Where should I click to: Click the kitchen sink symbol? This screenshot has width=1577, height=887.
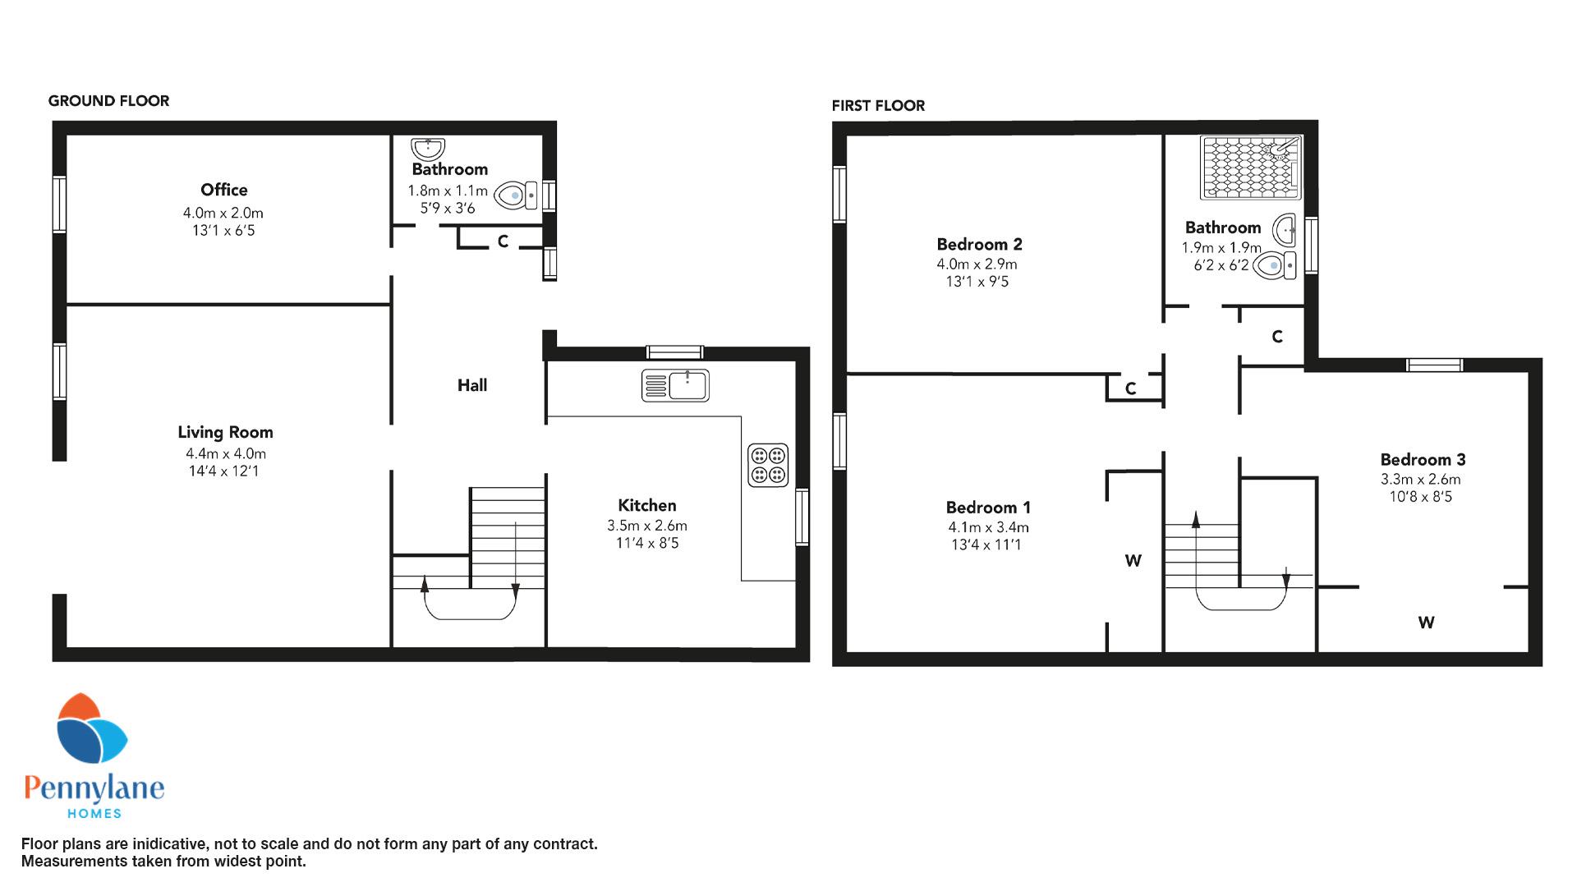(x=675, y=385)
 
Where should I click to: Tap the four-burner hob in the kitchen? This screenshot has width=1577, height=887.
(x=768, y=465)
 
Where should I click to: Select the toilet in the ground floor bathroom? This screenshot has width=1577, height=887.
(x=517, y=195)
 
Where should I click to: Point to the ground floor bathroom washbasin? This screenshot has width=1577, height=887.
(x=428, y=149)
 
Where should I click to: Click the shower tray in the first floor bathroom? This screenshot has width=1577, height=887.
(x=1251, y=168)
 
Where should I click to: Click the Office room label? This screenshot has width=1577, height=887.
(x=224, y=190)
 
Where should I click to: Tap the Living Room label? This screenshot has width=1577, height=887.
(x=225, y=432)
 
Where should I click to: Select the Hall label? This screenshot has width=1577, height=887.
(x=472, y=385)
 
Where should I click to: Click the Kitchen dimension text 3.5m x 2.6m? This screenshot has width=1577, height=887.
(x=647, y=526)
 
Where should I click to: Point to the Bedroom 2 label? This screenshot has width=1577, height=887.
(x=979, y=244)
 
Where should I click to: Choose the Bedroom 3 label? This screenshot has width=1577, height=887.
(x=1423, y=460)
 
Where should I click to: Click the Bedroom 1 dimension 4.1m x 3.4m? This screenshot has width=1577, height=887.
(x=988, y=527)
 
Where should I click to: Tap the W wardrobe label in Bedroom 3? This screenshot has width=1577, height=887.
(x=1426, y=623)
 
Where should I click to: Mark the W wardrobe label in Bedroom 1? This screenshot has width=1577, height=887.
(x=1133, y=561)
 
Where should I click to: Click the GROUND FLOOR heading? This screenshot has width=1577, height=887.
(x=108, y=101)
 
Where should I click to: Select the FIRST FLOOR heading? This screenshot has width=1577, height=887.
(x=878, y=106)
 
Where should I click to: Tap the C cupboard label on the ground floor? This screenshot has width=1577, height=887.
(x=503, y=241)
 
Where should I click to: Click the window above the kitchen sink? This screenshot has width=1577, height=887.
(x=675, y=352)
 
